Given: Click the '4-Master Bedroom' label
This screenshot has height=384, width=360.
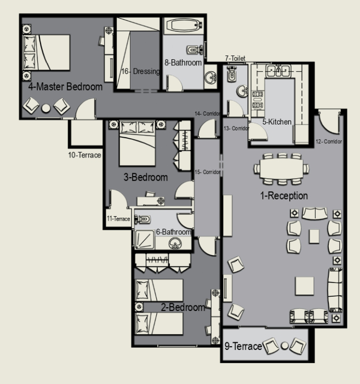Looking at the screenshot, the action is point(65,87).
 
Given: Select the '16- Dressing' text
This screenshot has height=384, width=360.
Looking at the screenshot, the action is point(141,71).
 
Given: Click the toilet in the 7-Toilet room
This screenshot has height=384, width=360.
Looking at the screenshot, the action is point(231,74).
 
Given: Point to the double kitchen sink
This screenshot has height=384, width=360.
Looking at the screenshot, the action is point(278,71).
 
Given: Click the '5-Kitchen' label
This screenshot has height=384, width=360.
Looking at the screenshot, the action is point(277,122).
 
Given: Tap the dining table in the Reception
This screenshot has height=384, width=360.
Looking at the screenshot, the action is point(282,168).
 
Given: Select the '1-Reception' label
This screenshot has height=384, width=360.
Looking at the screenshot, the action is point(284,196).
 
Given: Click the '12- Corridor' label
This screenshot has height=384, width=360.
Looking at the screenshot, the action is point(329,142).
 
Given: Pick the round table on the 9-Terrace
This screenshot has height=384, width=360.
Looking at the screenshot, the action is point(284,346).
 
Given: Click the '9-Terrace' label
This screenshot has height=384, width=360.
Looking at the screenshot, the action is point(243,346).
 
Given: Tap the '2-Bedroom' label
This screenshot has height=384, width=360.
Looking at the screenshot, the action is point(182,307).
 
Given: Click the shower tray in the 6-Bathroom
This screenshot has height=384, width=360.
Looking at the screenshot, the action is point(145,240).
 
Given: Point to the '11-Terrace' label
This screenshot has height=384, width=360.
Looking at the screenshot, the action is point(118,219).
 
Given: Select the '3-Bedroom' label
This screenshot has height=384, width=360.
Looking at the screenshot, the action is point(146,177).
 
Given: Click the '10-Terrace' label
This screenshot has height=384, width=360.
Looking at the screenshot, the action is point(84,155).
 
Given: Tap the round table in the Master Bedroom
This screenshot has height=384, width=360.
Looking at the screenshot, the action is point(45,109).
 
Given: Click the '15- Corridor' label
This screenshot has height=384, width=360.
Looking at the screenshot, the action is point(207,172).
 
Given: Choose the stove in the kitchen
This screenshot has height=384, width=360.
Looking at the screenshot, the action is point(258,100).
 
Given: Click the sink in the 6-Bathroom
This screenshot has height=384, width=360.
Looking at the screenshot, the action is point(175,244).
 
